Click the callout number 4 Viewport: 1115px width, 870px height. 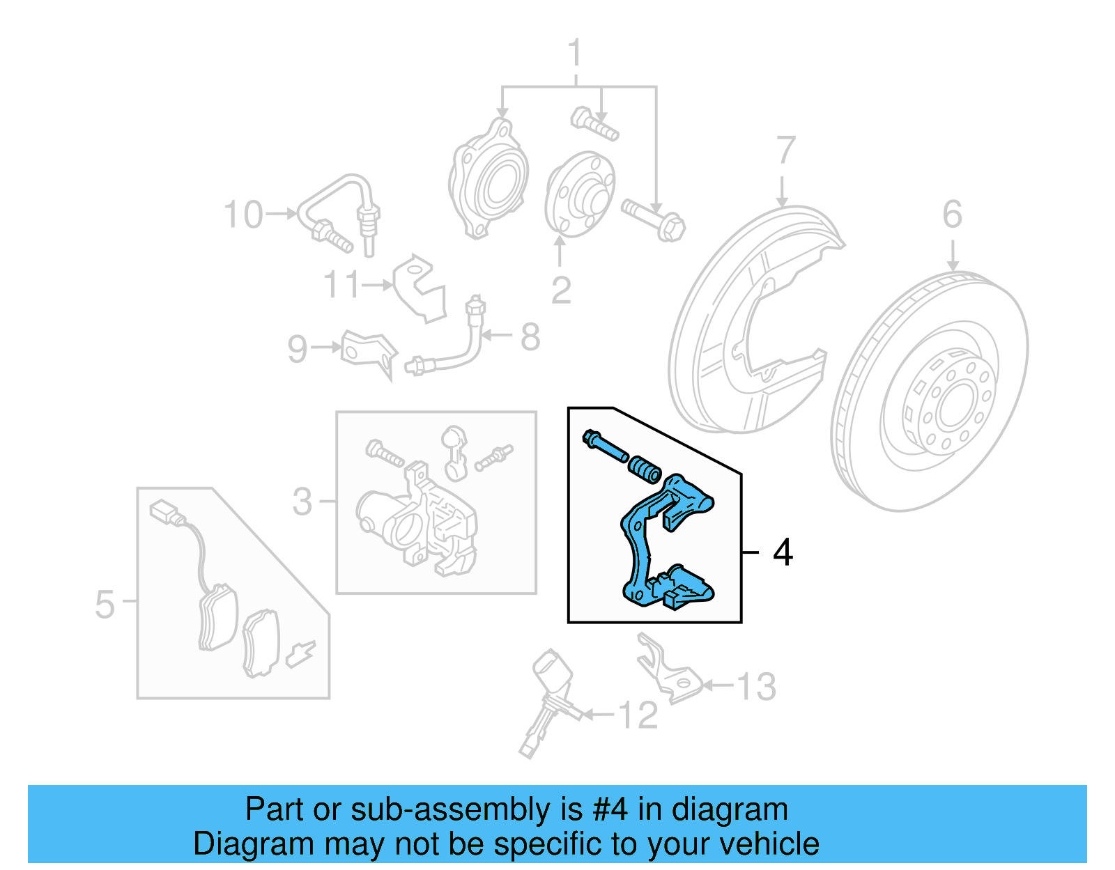pos(783,552)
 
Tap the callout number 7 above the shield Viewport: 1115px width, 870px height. pos(785,150)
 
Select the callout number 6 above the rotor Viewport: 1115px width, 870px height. pos(952,215)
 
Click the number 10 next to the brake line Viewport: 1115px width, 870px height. pos(243,215)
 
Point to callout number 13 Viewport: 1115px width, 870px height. pos(756,687)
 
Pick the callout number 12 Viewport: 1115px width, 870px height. pos(638,715)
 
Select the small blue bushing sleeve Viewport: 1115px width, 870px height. pos(645,469)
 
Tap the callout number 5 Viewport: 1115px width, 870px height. pos(105,604)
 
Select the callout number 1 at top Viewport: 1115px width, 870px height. pos(574,54)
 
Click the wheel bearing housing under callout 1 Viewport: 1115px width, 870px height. pos(488,181)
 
